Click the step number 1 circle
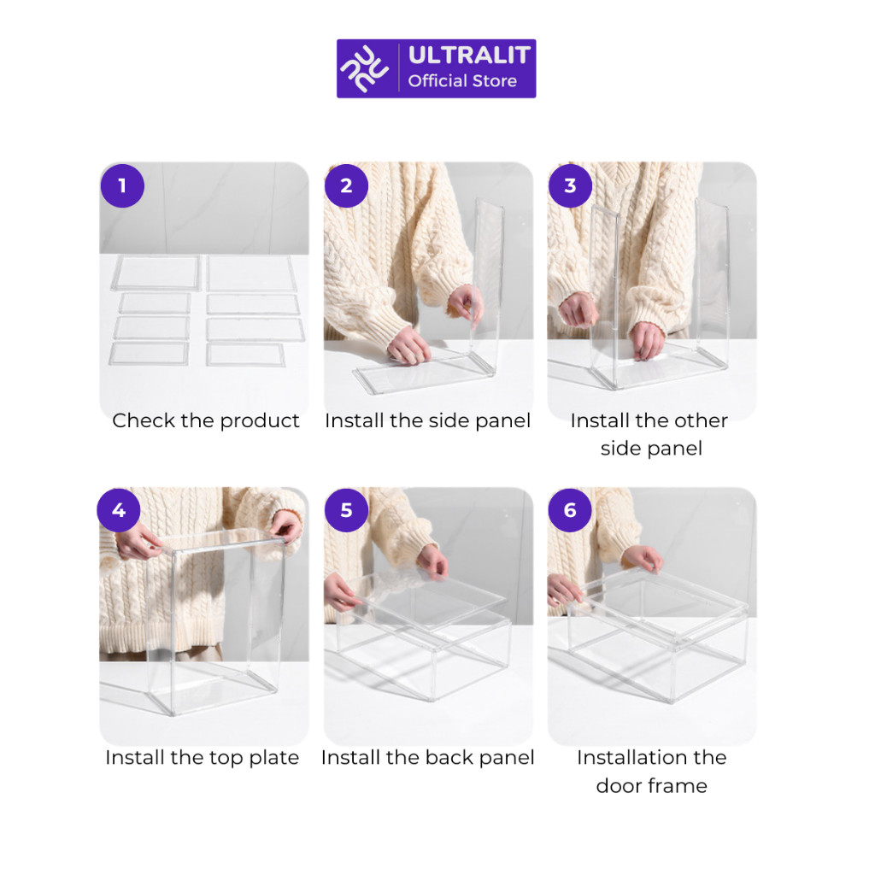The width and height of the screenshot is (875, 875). (122, 185)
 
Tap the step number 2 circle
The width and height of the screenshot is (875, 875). (346, 185)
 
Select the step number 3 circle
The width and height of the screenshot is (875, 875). (570, 185)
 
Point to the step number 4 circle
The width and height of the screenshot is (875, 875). (119, 510)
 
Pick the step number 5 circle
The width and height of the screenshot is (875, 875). (346, 510)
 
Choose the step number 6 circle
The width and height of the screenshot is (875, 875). (570, 510)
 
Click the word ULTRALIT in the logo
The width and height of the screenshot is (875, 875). (469, 56)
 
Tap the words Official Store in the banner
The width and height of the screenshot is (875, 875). (462, 81)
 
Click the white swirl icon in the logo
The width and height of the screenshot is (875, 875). (365, 68)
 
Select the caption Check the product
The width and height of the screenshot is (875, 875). (206, 420)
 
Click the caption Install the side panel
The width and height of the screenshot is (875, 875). (428, 420)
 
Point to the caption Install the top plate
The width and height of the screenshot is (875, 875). (202, 758)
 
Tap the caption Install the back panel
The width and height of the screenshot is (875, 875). (428, 758)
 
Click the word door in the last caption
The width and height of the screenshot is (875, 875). (618, 786)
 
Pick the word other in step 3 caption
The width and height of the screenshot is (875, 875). (702, 420)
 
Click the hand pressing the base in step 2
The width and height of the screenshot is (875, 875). (408, 345)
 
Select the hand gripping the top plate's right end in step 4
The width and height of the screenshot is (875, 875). (285, 526)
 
